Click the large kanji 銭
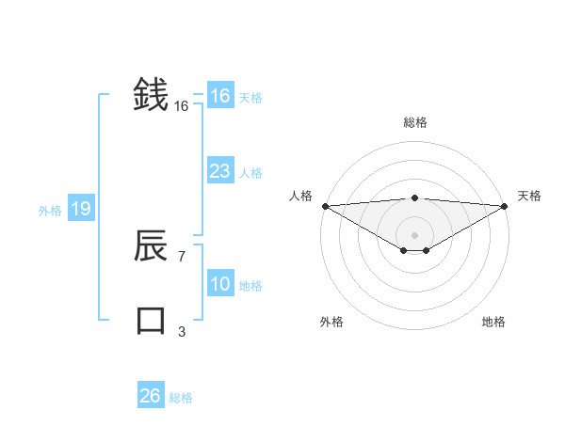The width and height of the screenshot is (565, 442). pyautogui.click(x=151, y=94)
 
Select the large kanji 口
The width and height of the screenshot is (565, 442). pyautogui.click(x=151, y=320)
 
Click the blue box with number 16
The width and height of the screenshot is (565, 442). pyautogui.click(x=219, y=96)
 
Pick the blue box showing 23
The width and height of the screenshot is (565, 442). pyautogui.click(x=219, y=171)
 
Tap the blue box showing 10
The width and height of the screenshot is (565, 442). pyautogui.click(x=219, y=284)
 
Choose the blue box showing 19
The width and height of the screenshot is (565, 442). pyautogui.click(x=80, y=209)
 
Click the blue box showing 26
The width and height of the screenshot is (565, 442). pyautogui.click(x=150, y=396)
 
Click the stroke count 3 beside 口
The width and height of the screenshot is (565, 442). pyautogui.click(x=182, y=331)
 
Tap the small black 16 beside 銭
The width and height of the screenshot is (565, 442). pyautogui.click(x=182, y=106)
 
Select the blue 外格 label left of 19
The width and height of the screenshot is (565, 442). pyautogui.click(x=50, y=211)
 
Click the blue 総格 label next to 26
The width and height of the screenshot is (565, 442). pyautogui.click(x=181, y=398)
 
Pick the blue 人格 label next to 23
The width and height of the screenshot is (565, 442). pyautogui.click(x=250, y=173)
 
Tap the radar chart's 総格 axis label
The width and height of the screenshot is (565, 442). pyautogui.click(x=414, y=122)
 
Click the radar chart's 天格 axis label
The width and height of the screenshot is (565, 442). pyautogui.click(x=530, y=196)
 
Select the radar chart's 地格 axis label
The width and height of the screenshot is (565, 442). pyautogui.click(x=493, y=322)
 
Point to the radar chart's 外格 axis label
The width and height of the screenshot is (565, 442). pyautogui.click(x=331, y=322)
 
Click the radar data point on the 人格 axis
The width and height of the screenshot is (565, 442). pyautogui.click(x=324, y=205)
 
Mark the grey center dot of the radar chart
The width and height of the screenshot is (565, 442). pyautogui.click(x=414, y=234)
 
